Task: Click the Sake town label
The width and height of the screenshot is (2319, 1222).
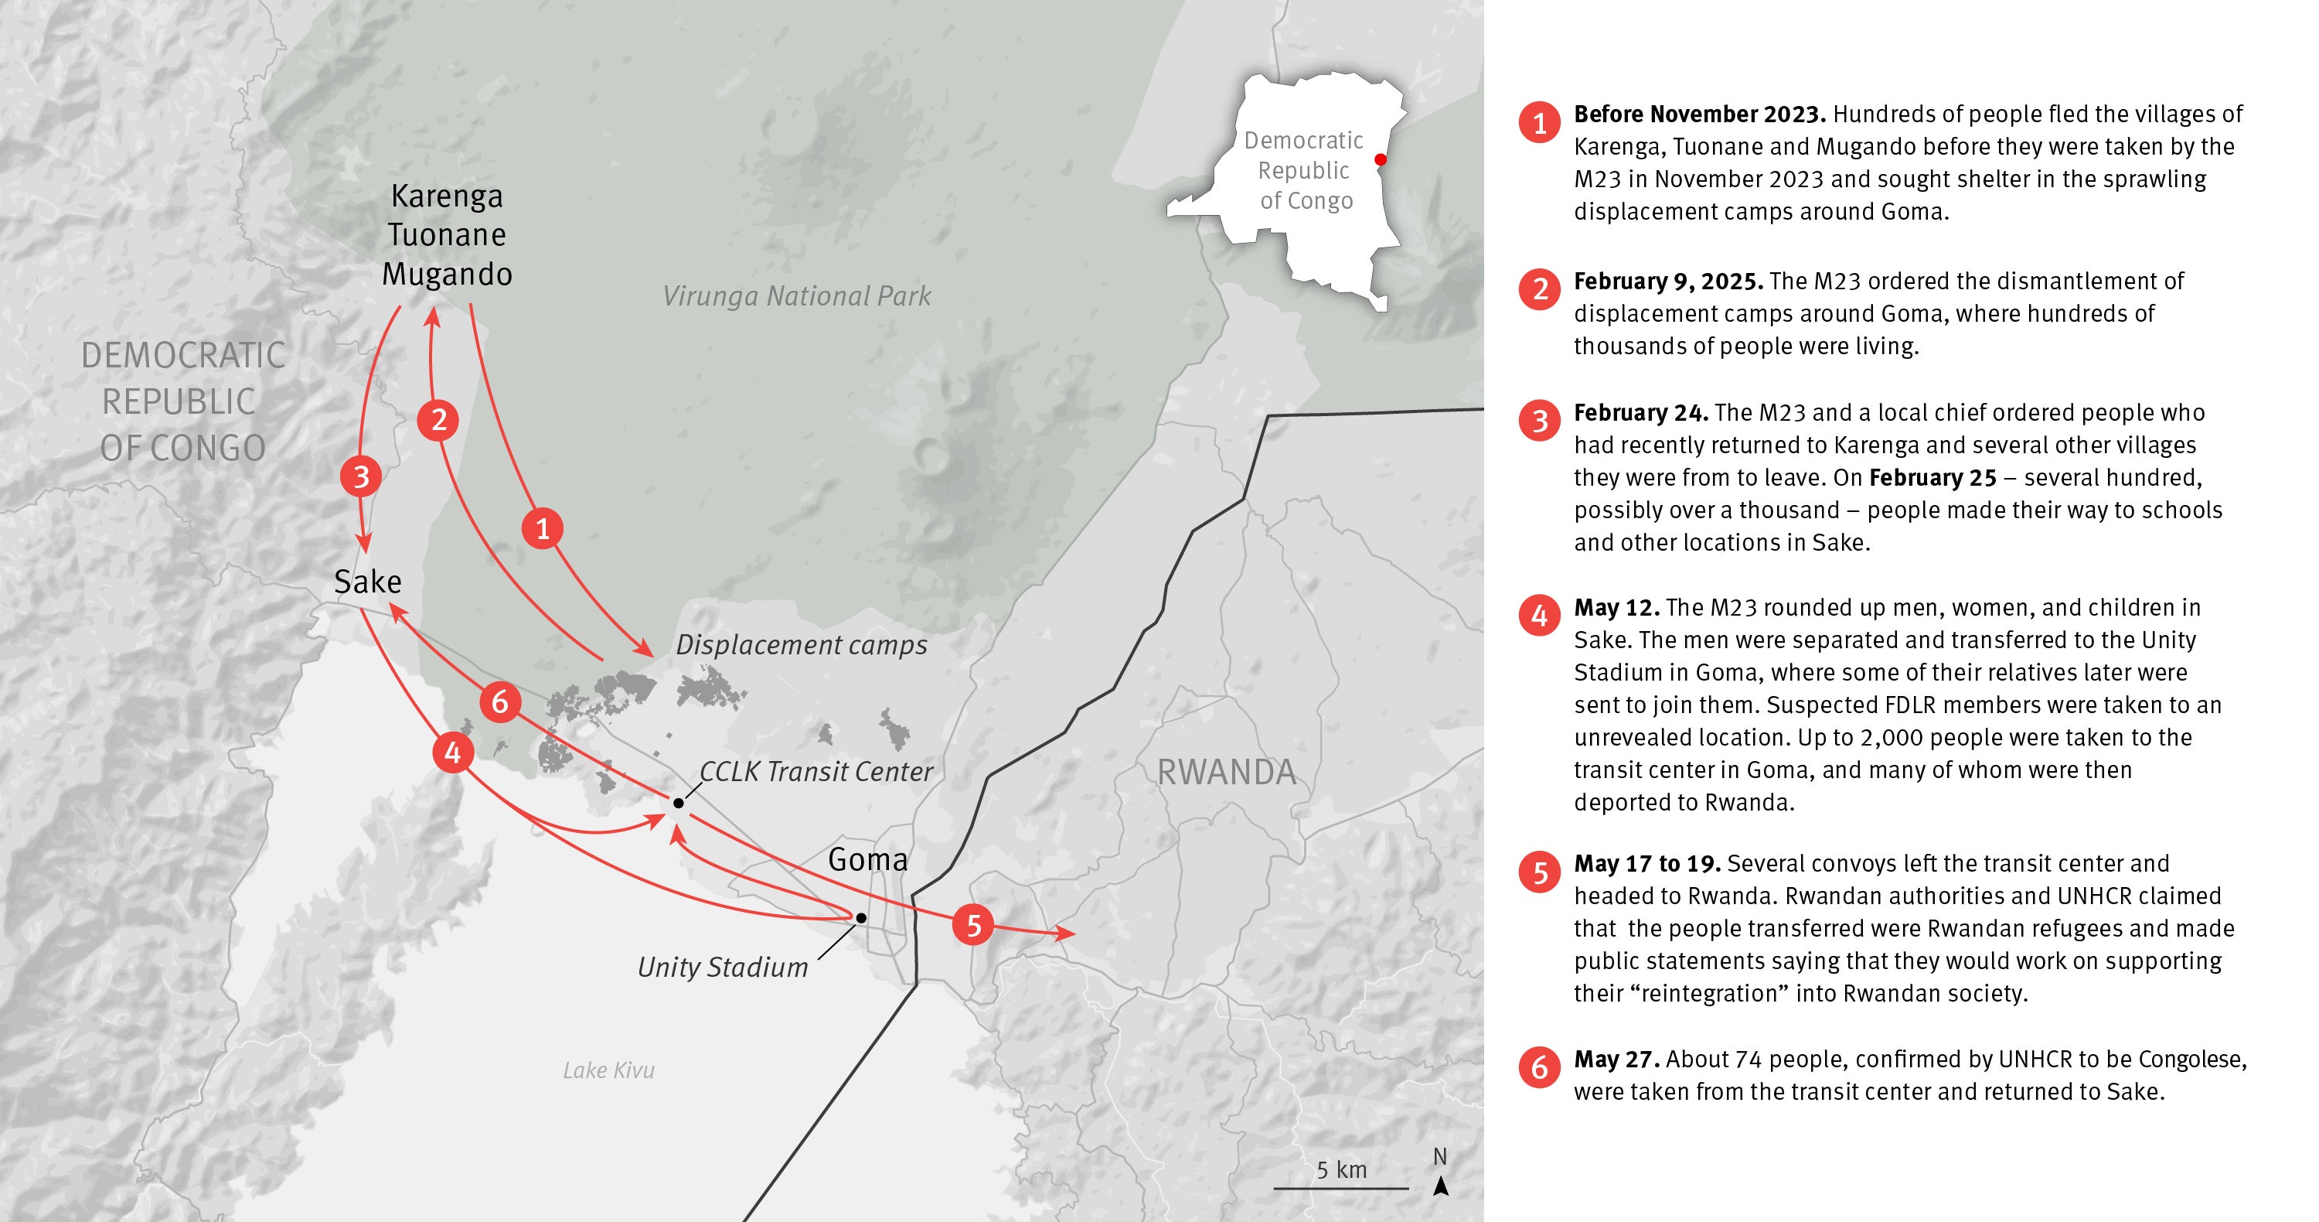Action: click(x=367, y=582)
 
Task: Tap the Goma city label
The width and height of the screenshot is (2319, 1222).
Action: click(x=867, y=859)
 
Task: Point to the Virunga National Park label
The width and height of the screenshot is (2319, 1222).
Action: click(x=796, y=295)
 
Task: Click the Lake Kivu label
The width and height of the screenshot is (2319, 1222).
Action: click(x=608, y=1070)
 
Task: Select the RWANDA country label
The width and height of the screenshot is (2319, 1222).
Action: click(x=1225, y=772)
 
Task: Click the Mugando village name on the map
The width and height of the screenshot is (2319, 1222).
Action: click(x=447, y=274)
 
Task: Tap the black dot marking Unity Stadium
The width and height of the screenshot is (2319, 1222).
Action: click(x=860, y=917)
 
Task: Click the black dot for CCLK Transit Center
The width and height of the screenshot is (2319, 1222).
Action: click(x=678, y=802)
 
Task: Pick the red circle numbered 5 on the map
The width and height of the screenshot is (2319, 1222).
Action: click(x=973, y=925)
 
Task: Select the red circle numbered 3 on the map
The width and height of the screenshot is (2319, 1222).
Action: click(x=361, y=476)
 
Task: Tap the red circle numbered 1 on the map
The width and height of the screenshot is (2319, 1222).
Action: click(x=542, y=528)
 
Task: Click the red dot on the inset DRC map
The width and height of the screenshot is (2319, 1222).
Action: click(x=1380, y=159)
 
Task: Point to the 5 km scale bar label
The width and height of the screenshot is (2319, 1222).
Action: click(x=1341, y=1169)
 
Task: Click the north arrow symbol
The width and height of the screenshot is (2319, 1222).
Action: click(x=1440, y=1185)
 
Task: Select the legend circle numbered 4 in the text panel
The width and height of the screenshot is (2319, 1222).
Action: click(x=1539, y=616)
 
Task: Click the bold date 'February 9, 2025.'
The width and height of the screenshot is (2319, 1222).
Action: click(x=1667, y=281)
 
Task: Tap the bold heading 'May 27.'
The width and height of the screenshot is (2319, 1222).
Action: click(x=1616, y=1059)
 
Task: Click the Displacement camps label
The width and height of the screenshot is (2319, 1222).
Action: click(x=801, y=645)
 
